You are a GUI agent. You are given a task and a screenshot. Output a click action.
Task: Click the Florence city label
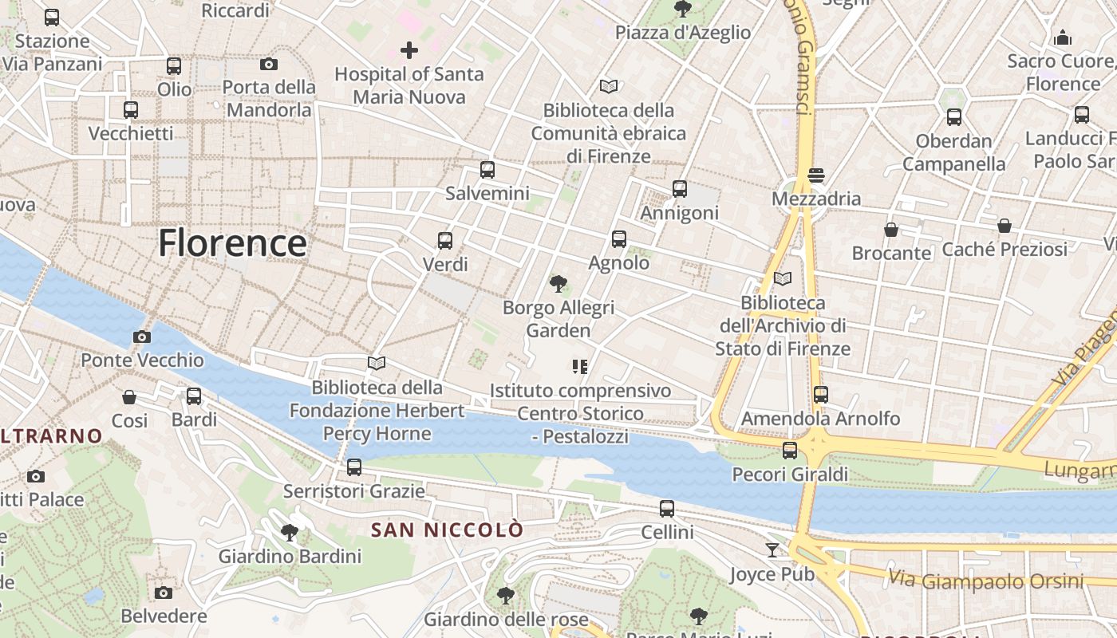(x=232, y=243)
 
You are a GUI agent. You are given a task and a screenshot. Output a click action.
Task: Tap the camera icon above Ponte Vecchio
(x=142, y=337)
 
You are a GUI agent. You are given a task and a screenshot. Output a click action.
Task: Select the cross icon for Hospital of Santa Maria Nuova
(x=409, y=50)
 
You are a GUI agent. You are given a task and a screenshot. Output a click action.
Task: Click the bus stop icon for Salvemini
(x=487, y=169)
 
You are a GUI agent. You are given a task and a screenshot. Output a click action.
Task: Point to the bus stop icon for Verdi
(x=445, y=240)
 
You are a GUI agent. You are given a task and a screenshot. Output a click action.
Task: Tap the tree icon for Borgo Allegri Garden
(x=558, y=283)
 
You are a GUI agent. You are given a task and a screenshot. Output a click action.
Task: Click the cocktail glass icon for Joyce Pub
(x=772, y=549)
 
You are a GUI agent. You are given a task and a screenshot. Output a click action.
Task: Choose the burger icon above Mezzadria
(x=815, y=175)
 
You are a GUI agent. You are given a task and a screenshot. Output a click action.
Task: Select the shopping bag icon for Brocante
(x=891, y=230)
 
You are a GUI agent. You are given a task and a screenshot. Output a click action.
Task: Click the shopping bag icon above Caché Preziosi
(x=1005, y=226)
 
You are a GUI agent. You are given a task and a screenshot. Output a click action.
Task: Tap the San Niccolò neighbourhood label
(x=448, y=530)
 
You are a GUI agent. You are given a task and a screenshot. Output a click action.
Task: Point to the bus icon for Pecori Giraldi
(x=790, y=451)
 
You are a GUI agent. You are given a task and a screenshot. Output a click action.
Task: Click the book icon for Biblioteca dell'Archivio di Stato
(x=783, y=278)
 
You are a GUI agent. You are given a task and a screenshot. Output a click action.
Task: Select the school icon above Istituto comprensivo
(x=580, y=367)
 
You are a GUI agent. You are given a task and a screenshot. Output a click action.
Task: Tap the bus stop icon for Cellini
(x=667, y=508)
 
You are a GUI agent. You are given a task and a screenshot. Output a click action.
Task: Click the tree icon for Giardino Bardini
(x=290, y=532)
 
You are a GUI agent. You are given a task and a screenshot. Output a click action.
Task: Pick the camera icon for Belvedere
(x=164, y=593)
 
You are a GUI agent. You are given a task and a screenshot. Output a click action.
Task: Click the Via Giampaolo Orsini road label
(x=986, y=580)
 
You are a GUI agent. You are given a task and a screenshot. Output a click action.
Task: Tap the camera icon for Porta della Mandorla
(x=269, y=64)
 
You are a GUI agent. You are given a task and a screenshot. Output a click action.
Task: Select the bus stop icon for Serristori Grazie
(x=354, y=467)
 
